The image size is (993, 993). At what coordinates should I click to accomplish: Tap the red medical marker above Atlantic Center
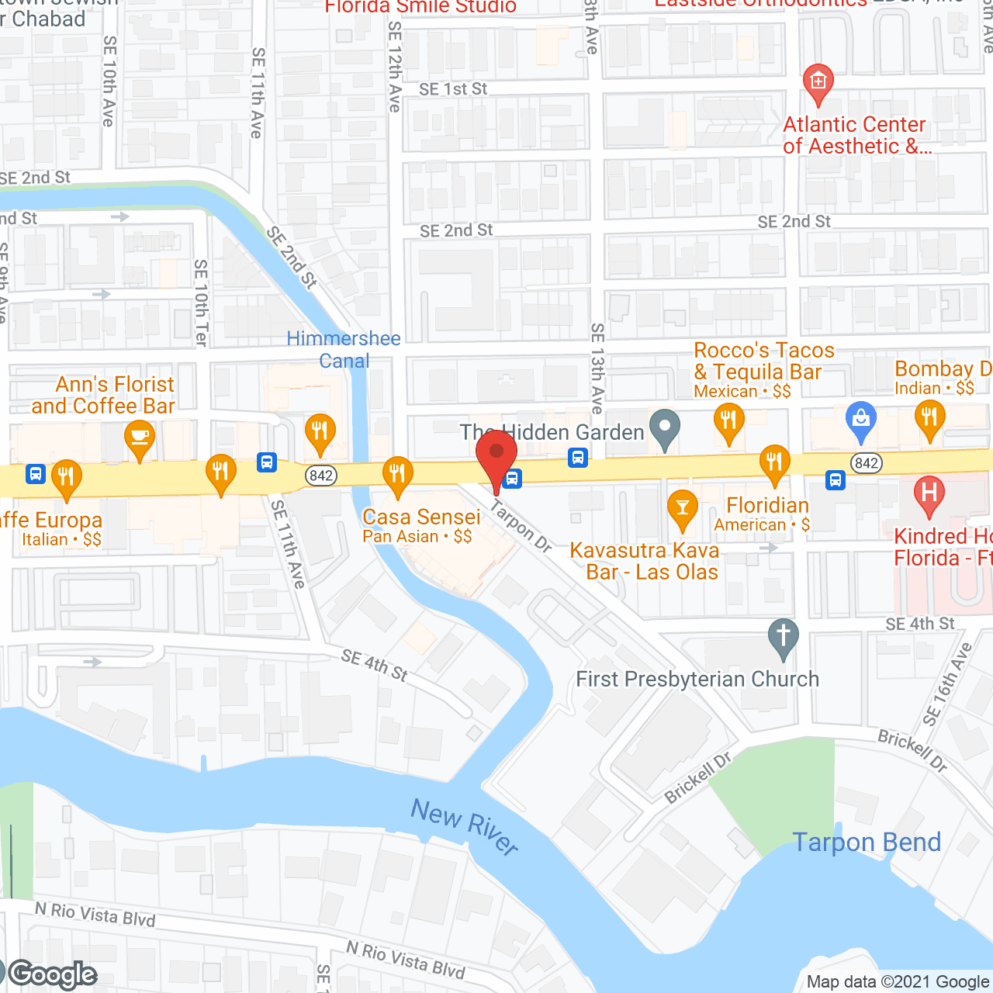click(x=818, y=81)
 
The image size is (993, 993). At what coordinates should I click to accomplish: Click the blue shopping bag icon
click(x=860, y=420)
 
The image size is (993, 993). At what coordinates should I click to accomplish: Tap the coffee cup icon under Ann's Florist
click(x=140, y=437)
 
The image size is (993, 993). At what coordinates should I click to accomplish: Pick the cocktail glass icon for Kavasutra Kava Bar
click(x=683, y=508)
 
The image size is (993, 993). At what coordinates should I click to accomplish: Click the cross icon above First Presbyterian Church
click(x=784, y=636)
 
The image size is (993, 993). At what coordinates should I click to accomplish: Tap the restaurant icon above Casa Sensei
click(x=397, y=473)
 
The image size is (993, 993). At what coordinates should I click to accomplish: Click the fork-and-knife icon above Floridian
click(x=774, y=463)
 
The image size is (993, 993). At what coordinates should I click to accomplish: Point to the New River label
click(x=465, y=827)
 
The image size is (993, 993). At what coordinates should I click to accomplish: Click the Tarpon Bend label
click(x=867, y=842)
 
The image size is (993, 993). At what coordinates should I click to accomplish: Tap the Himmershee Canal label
click(x=344, y=350)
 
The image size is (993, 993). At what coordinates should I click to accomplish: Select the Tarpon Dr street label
click(x=521, y=526)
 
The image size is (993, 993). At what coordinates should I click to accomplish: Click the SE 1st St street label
click(x=453, y=89)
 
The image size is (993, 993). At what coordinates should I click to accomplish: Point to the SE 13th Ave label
click(x=597, y=368)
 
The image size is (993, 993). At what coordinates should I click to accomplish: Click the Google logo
click(x=53, y=974)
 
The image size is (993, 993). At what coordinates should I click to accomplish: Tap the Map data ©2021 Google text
click(x=898, y=981)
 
